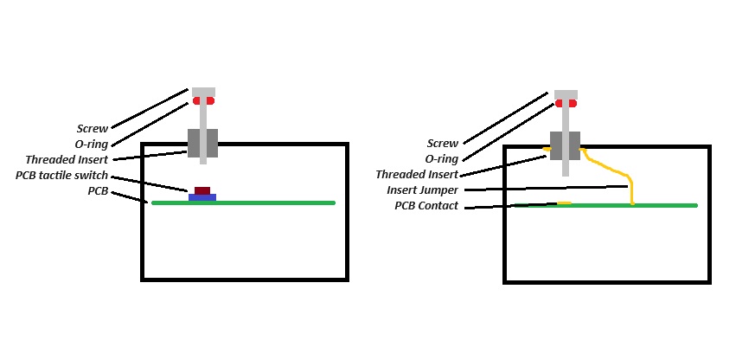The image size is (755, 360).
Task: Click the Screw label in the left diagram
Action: pos(92,129)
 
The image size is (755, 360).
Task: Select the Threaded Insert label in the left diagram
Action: pos(67,160)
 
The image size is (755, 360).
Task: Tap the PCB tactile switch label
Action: pos(61,176)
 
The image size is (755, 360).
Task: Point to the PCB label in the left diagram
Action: pos(97,190)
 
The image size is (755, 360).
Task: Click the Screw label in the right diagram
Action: pos(442,144)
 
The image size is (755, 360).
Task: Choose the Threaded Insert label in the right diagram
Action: pos(417,175)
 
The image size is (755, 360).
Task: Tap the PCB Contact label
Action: pos(426,206)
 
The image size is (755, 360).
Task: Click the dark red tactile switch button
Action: pos(202,190)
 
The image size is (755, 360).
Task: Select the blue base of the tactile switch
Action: pos(202,197)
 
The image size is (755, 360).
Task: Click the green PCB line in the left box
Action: pos(259,202)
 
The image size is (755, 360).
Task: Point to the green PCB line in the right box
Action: pos(657,205)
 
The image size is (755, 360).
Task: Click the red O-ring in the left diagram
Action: pos(203,101)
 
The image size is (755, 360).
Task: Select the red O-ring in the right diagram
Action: pos(566,104)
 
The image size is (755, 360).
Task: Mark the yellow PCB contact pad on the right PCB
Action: pos(563,203)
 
